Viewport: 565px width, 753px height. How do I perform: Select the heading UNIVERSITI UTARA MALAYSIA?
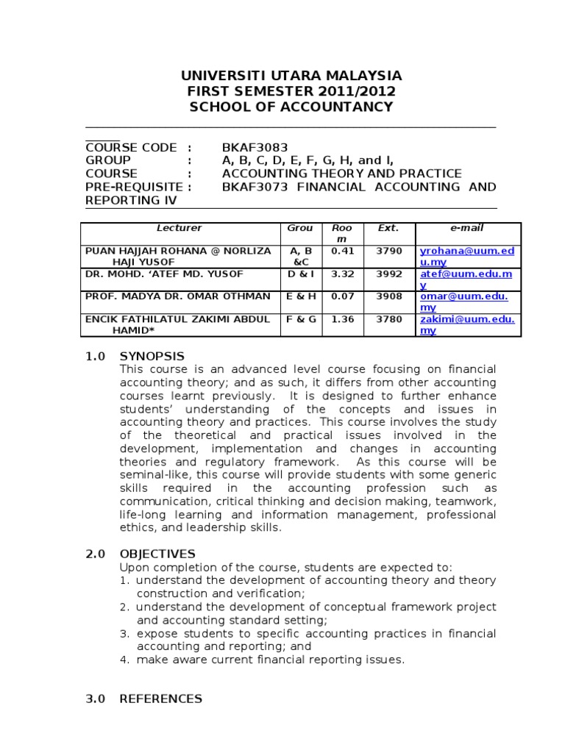pos(291,76)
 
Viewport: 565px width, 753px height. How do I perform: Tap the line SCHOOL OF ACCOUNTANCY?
pos(291,107)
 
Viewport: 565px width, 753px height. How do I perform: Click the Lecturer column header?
pos(180,229)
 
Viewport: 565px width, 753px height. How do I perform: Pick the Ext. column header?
pos(388,229)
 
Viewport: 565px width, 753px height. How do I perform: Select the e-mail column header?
pos(467,229)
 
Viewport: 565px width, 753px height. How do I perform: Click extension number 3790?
pos(389,251)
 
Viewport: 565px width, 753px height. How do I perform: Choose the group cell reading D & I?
pos(299,274)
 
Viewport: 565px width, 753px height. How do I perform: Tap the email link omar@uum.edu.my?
pos(466,301)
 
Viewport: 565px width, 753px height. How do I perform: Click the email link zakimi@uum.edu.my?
pos(466,324)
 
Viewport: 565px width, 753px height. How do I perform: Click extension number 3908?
pos(389,296)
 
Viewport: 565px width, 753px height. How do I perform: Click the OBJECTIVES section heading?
pos(157,554)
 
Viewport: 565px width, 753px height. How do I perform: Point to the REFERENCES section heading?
pos(160,699)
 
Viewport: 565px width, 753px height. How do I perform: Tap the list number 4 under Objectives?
pos(124,660)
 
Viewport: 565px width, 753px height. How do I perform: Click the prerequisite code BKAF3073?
pos(255,187)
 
